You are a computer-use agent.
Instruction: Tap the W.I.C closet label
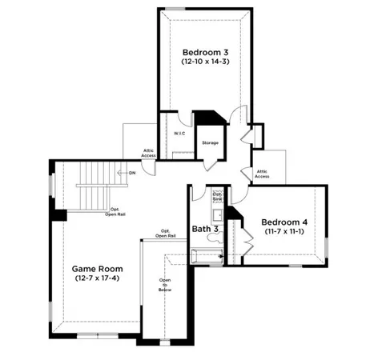click(179, 133)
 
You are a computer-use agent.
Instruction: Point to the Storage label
click(211, 142)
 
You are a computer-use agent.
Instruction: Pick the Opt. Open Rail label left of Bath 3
click(166, 234)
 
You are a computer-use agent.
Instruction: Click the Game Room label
click(95, 268)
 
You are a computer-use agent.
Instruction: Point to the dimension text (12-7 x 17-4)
click(95, 279)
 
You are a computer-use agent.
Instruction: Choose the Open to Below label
click(165, 286)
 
